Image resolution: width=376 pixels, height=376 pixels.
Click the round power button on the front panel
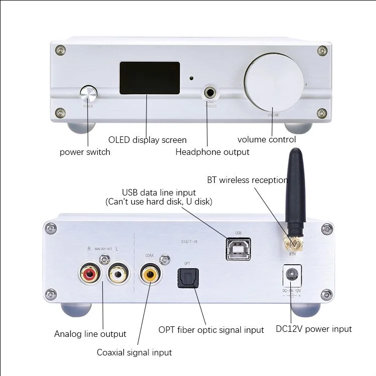point(88,94)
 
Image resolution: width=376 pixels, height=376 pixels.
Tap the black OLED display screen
point(149,79)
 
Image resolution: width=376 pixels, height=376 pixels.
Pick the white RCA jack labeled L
point(118,274)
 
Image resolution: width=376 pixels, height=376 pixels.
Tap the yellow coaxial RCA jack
point(149,274)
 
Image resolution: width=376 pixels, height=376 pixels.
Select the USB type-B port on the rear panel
point(238,250)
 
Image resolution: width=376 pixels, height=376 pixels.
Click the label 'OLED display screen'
point(147,140)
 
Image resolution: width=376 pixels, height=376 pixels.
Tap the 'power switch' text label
point(85,152)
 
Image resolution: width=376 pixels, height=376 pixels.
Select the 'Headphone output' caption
point(212,152)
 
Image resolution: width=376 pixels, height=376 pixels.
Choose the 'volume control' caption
point(267,139)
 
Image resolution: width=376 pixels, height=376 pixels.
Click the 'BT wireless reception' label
point(247,180)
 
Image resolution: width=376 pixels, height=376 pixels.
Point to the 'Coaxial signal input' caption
point(134,352)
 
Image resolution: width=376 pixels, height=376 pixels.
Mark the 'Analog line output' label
point(90,333)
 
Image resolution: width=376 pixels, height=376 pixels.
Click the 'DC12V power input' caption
point(314,329)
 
